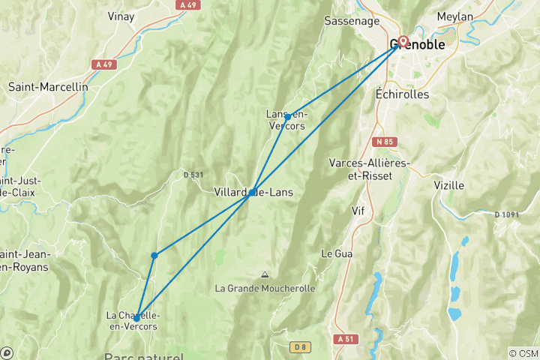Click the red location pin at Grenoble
pyautogui.click(x=403, y=41)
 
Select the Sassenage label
pyautogui.click(x=349, y=20)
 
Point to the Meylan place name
pyautogui.click(x=454, y=16)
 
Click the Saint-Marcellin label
pyautogui.click(x=48, y=86)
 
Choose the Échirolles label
pyautogui.click(x=401, y=94)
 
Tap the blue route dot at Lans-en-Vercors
pyautogui.click(x=287, y=117)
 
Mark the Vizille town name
pyautogui.click(x=448, y=184)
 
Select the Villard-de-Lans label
pyautogui.click(x=253, y=192)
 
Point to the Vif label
pyautogui.click(x=358, y=211)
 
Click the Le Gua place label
pyautogui.click(x=337, y=253)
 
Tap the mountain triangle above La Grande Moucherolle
pyautogui.click(x=264, y=274)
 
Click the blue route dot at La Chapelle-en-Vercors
pyautogui.click(x=136, y=317)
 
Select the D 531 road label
pyautogui.click(x=193, y=175)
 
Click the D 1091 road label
pyautogui.click(x=508, y=214)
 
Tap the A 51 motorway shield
pyautogui.click(x=346, y=339)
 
